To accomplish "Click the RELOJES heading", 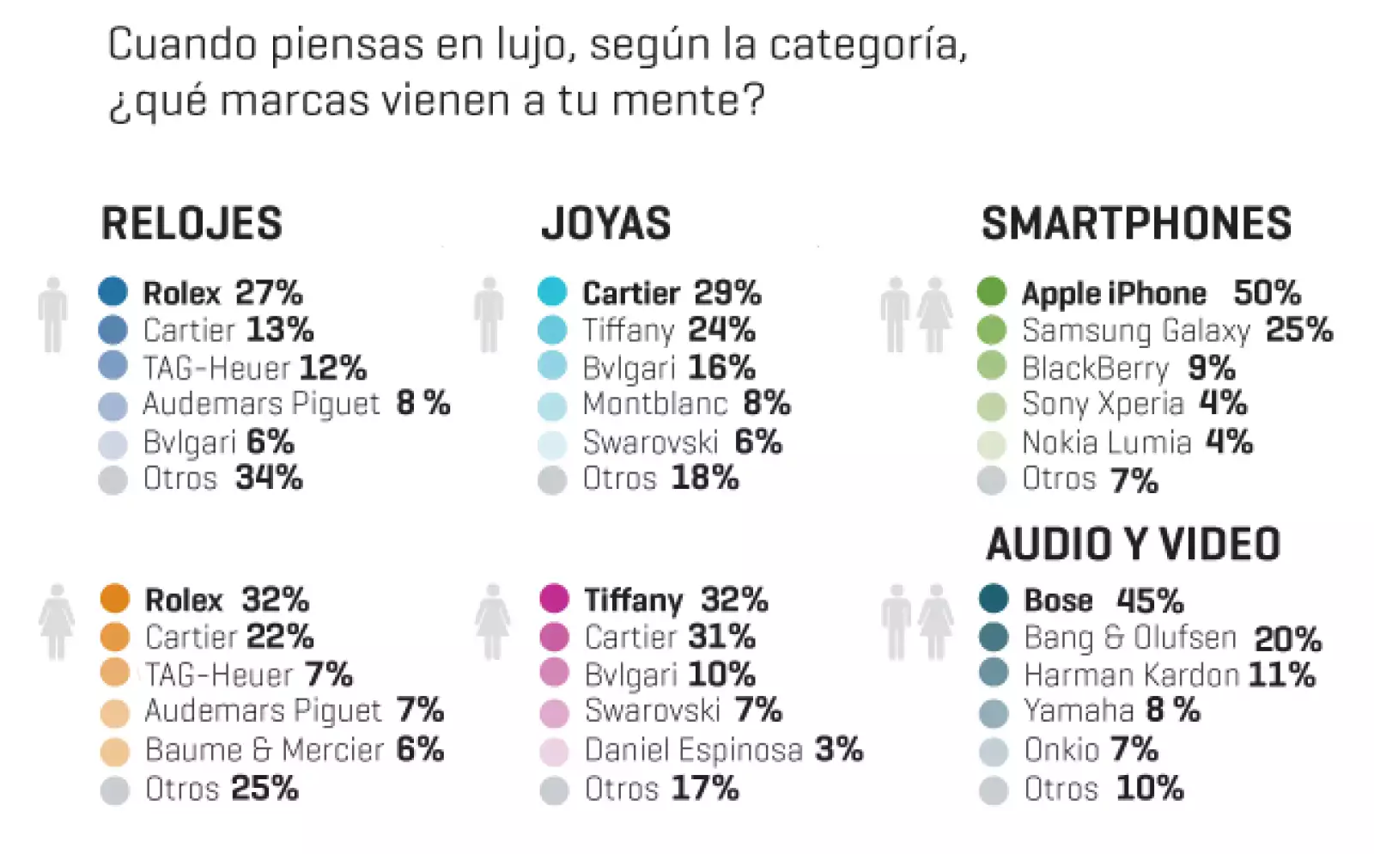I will pyautogui.click(x=192, y=223).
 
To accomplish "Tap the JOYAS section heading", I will pyautogui.click(x=606, y=223).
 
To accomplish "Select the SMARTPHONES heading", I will pyautogui.click(x=1136, y=223).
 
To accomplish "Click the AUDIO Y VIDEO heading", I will pyautogui.click(x=1134, y=545).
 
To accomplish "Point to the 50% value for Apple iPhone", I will pyautogui.click(x=1267, y=293).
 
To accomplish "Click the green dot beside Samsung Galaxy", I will pyautogui.click(x=992, y=330).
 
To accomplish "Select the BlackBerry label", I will pyautogui.click(x=1095, y=369).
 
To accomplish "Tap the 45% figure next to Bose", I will pyautogui.click(x=1150, y=600).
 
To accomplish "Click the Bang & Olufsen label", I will pyautogui.click(x=1130, y=637).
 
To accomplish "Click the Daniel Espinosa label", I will pyautogui.click(x=694, y=750).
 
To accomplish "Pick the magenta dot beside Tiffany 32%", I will pyautogui.click(x=555, y=598).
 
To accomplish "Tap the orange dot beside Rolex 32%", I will pyautogui.click(x=115, y=598).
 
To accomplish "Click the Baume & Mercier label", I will pyautogui.click(x=264, y=750).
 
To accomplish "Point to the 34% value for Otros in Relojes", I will pyautogui.click(x=269, y=478).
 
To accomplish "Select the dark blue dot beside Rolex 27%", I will pyautogui.click(x=113, y=291).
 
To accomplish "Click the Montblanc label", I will pyautogui.click(x=654, y=403).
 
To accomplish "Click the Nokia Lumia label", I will pyautogui.click(x=1106, y=442).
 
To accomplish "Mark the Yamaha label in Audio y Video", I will pyautogui.click(x=1079, y=711).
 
